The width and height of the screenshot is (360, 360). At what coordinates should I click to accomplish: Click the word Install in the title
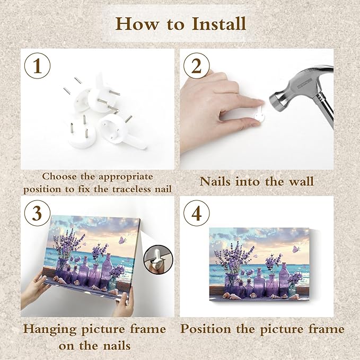coord(219,24)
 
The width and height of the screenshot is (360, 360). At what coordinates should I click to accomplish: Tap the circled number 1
coord(38,66)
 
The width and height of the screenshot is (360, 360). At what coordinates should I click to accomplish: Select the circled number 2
coord(197,66)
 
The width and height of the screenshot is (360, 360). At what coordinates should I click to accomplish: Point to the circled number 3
coord(38,213)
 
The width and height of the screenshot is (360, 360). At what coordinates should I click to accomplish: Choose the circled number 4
coord(197,213)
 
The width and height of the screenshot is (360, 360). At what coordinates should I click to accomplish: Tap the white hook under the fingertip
coord(259,115)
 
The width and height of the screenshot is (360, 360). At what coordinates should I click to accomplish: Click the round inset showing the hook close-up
coord(158,259)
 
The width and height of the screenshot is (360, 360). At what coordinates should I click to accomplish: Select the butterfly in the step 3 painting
coord(122,240)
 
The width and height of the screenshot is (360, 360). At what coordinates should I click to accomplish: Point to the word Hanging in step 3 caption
coord(50,329)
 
